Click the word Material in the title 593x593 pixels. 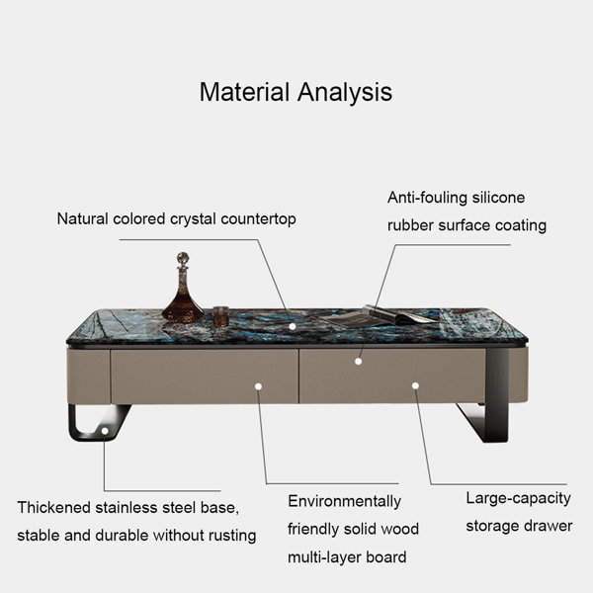[x=244, y=92]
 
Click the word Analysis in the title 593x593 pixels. [x=345, y=93]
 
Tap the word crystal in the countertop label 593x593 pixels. [x=193, y=219]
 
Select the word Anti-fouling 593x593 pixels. [x=427, y=198]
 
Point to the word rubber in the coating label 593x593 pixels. [x=410, y=225]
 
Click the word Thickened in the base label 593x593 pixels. [x=53, y=508]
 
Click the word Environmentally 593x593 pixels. [x=344, y=501]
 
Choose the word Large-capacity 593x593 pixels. [x=518, y=498]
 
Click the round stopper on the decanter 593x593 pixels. [x=183, y=258]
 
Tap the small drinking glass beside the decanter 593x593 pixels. [x=220, y=316]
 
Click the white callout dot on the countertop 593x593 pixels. [x=293, y=326]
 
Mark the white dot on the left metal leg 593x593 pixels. [x=105, y=431]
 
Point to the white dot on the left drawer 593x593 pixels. [x=258, y=386]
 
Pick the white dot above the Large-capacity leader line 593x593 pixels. [x=415, y=385]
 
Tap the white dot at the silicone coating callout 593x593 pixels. [x=358, y=361]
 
